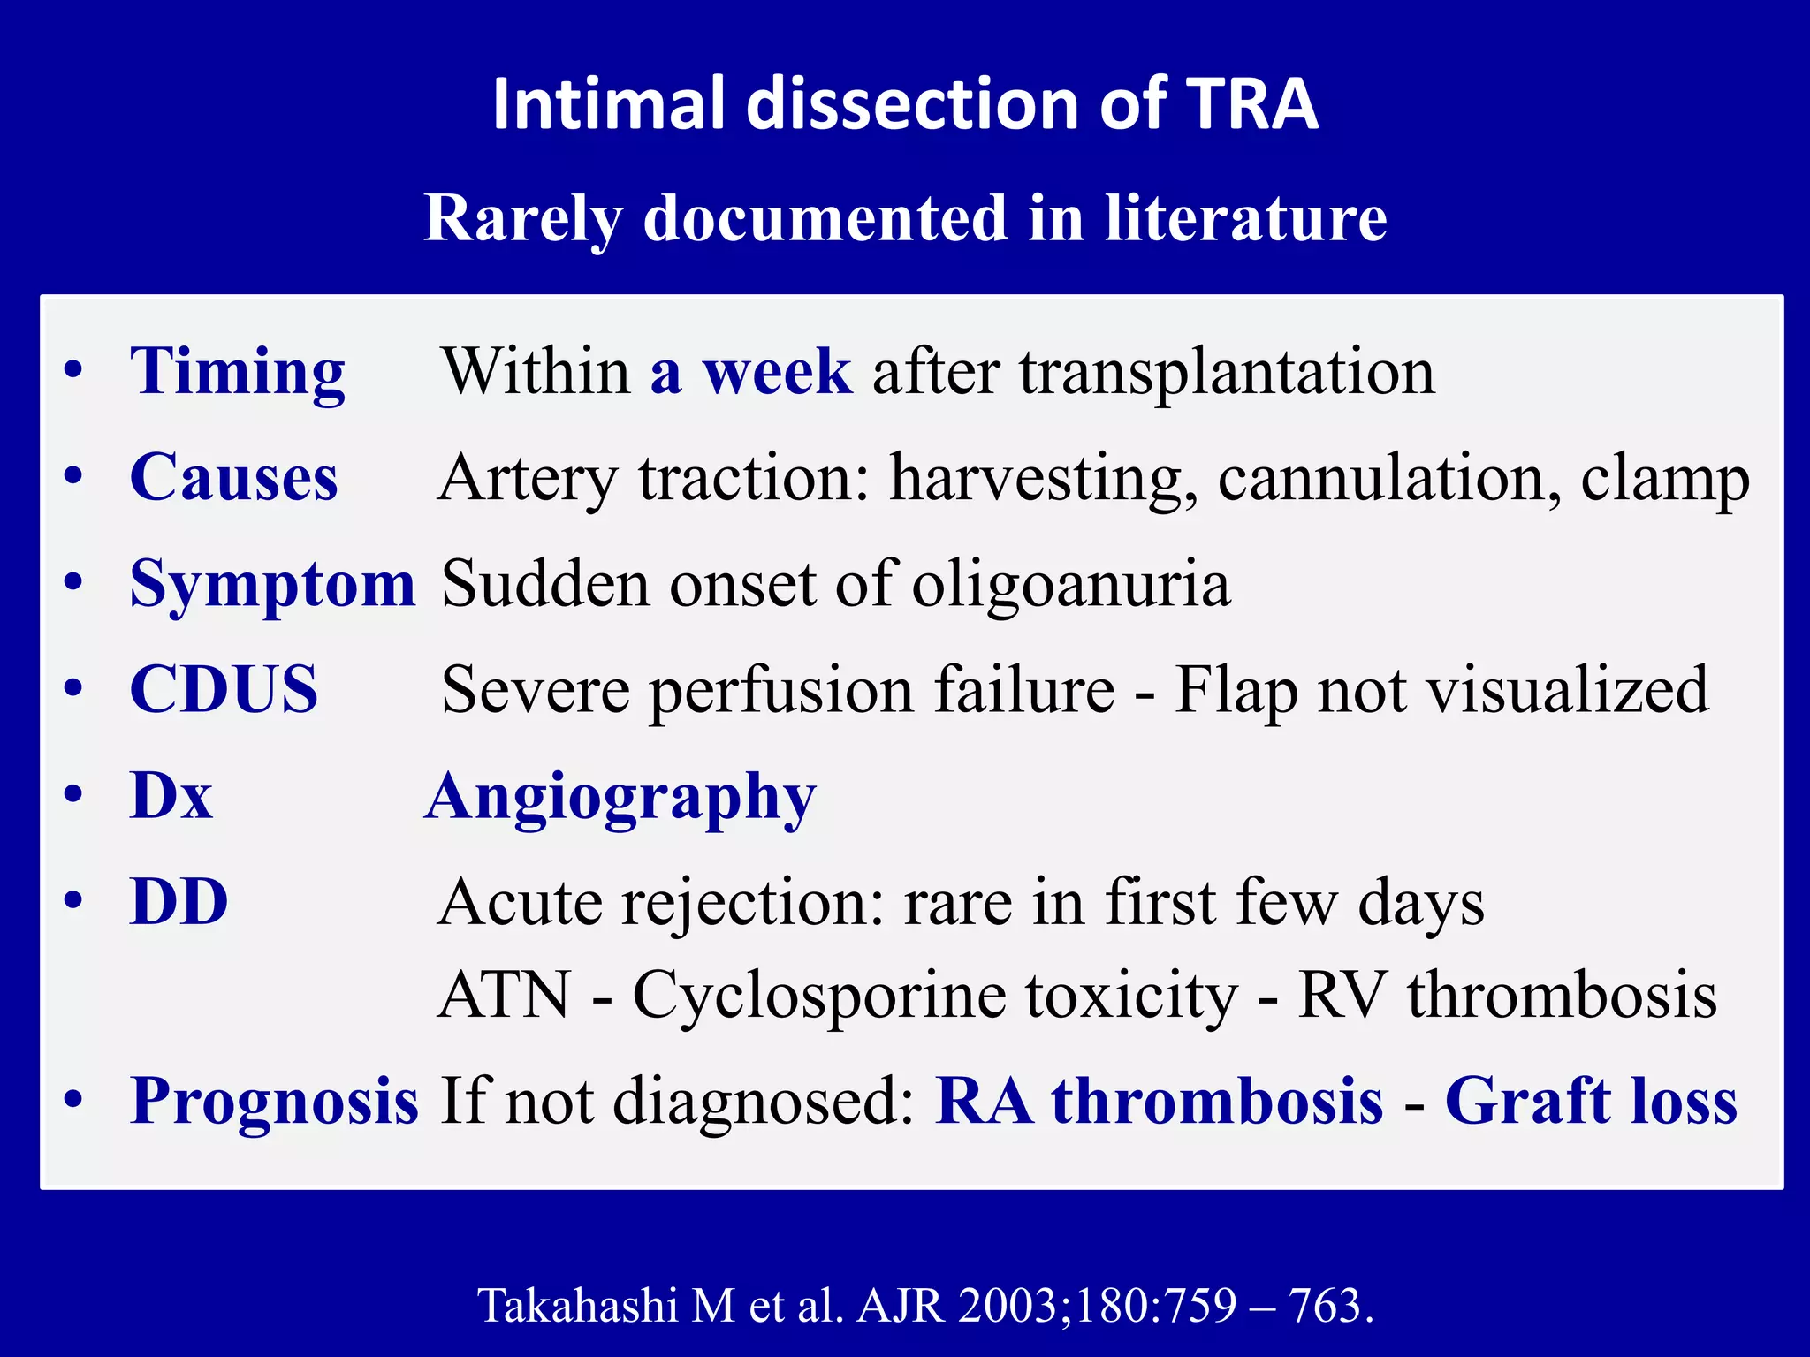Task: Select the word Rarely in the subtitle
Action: (521, 218)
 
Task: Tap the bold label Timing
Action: (237, 372)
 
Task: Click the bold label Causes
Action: (233, 478)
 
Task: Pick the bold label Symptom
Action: (272, 585)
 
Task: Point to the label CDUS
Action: (223, 690)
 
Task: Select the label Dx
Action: (171, 796)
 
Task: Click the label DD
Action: (179, 902)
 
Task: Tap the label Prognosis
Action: (274, 1102)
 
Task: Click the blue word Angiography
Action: (620, 798)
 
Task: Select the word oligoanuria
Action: (1070, 584)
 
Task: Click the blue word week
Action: (777, 372)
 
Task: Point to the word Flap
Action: (1236, 690)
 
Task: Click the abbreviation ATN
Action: (505, 996)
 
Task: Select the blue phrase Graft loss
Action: (1591, 1102)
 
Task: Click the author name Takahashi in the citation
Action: (578, 1305)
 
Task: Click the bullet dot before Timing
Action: (73, 370)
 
